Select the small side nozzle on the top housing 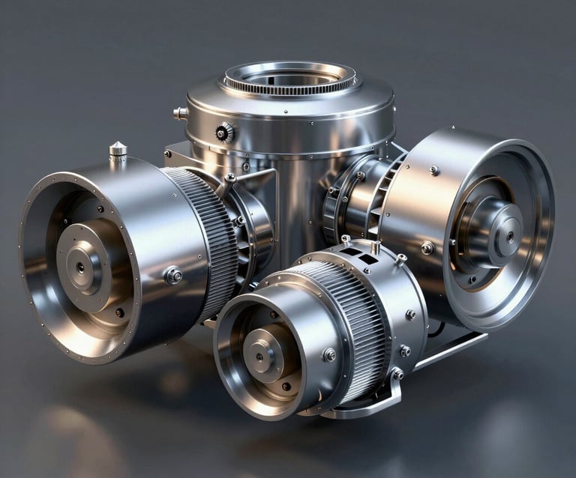pyautogui.click(x=180, y=113)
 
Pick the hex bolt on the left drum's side pyautogui.click(x=173, y=275)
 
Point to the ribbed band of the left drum pyautogui.click(x=205, y=232)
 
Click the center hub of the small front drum pyautogui.click(x=262, y=354)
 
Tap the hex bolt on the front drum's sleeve pyautogui.click(x=328, y=354)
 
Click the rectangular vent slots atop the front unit pyautogui.click(x=358, y=257)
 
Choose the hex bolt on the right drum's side pyautogui.click(x=427, y=248)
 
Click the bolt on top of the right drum pyautogui.click(x=433, y=170)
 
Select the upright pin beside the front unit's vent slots pyautogui.click(x=375, y=246)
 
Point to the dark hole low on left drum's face pyautogui.click(x=119, y=312)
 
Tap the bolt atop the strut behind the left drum pyautogui.click(x=230, y=178)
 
